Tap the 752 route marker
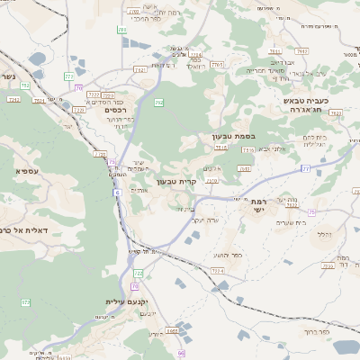25,85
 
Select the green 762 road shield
158,103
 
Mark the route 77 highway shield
306,168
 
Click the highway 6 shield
116,193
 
